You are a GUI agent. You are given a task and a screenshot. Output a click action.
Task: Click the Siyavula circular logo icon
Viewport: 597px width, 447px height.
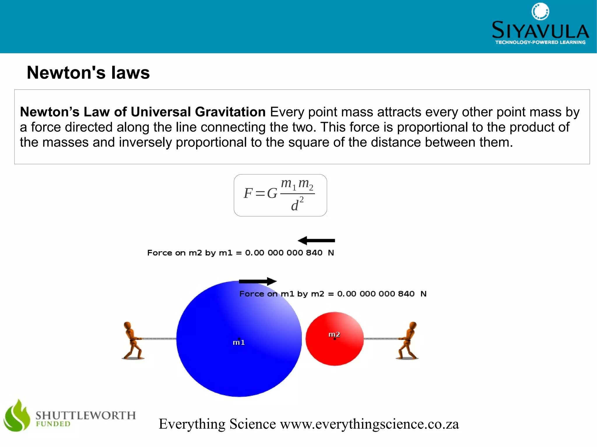(x=540, y=12)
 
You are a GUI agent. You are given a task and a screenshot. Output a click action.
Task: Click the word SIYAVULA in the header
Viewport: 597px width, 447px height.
(x=540, y=30)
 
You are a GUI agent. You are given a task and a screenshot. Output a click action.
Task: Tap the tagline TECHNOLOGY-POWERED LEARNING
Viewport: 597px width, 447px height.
(x=540, y=43)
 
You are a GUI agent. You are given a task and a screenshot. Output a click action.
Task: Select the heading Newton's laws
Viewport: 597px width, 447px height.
(x=88, y=73)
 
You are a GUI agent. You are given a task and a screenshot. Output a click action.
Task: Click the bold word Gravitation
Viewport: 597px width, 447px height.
(x=230, y=112)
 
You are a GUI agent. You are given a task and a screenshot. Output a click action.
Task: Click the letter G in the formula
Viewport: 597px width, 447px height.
(x=272, y=193)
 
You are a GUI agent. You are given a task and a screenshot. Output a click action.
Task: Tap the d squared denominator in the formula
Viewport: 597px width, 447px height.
(x=297, y=204)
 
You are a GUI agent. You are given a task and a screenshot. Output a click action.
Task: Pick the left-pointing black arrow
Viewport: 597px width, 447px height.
(x=316, y=241)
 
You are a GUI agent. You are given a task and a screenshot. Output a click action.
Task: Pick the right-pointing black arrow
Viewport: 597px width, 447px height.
(x=258, y=281)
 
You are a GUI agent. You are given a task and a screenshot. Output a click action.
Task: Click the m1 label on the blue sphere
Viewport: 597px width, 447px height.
(x=239, y=342)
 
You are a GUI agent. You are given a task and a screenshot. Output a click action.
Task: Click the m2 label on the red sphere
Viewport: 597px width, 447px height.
(x=334, y=335)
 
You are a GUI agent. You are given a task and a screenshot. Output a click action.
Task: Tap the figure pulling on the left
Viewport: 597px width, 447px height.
(x=133, y=340)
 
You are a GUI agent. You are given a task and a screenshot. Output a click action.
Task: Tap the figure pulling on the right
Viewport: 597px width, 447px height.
(x=408, y=340)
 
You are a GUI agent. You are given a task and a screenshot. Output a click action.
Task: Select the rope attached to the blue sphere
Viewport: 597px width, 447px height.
(x=159, y=339)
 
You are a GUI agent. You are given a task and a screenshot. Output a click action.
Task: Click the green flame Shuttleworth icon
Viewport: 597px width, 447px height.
(x=17, y=416)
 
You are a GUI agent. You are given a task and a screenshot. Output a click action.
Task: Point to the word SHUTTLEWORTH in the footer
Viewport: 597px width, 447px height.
(x=86, y=415)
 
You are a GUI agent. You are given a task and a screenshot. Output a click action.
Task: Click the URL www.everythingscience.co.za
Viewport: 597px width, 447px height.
(x=369, y=424)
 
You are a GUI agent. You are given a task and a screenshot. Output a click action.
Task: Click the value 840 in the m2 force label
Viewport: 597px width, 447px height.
(x=314, y=253)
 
